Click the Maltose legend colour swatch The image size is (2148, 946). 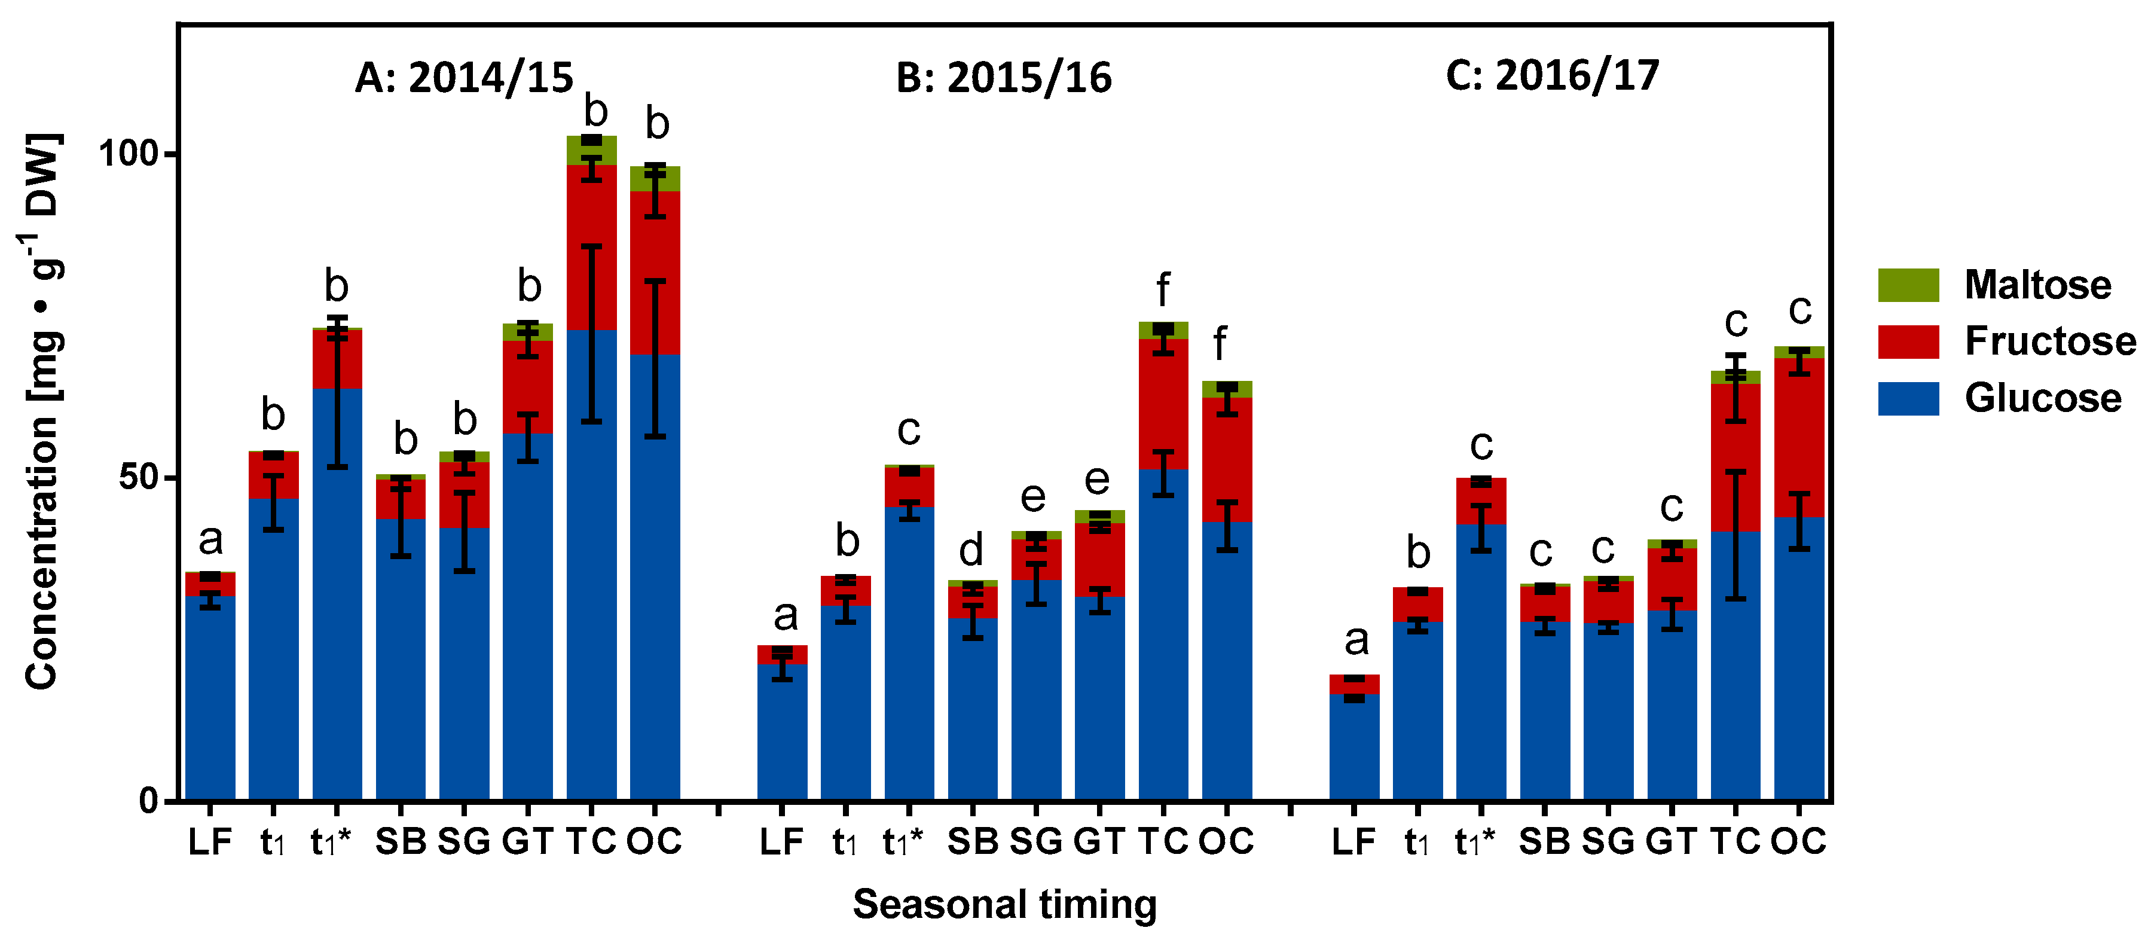[x=1908, y=285]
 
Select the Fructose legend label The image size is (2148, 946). [x=2049, y=341]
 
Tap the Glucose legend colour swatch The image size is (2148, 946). [x=1908, y=398]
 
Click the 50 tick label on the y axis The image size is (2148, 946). [x=137, y=477]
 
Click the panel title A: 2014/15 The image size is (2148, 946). [x=464, y=78]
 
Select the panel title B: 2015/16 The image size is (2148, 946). [x=1003, y=78]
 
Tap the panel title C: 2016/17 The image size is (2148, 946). [x=1552, y=75]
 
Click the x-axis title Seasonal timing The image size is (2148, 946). [x=1004, y=904]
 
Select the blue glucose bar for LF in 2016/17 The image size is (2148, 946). [x=1353, y=747]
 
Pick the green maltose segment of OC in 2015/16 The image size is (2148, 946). [x=1227, y=389]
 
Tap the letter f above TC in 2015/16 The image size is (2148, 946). [x=1162, y=290]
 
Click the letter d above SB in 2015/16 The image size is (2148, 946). [x=971, y=550]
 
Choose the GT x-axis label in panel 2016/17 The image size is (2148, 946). [x=1671, y=841]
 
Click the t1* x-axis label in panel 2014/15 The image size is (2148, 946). [x=330, y=841]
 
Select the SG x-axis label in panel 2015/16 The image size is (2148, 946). [x=1035, y=841]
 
